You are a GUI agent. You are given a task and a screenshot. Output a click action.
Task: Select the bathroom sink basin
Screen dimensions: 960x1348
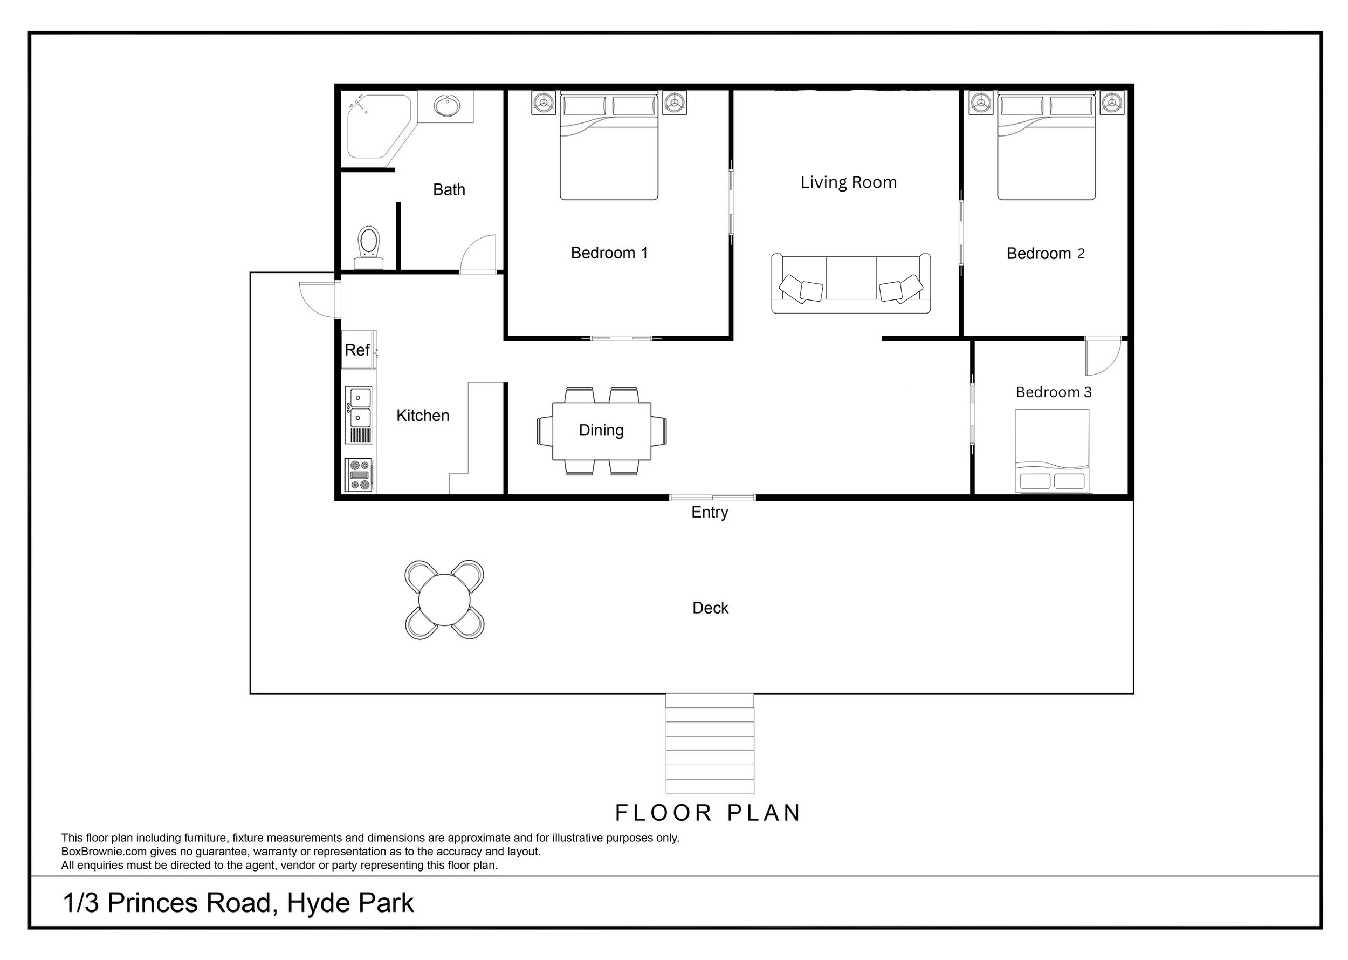tap(447, 106)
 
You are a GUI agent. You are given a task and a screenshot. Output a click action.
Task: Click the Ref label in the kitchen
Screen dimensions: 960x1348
tap(357, 350)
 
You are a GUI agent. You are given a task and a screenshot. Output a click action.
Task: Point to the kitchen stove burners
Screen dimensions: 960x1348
tap(359, 475)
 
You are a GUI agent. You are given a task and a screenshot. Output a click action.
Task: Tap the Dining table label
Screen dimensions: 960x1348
tap(601, 430)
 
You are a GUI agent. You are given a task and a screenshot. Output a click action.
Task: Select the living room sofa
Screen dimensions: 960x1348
tap(851, 284)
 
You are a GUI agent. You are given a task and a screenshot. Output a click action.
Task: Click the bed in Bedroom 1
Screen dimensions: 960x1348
tap(608, 148)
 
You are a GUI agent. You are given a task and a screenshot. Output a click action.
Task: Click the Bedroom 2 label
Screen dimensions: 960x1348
tap(1045, 254)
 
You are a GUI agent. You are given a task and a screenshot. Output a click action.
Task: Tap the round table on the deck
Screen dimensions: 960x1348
tap(444, 600)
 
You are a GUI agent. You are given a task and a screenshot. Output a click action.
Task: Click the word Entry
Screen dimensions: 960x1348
tap(710, 512)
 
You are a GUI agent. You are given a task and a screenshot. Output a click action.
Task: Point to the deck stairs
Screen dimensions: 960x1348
tap(710, 744)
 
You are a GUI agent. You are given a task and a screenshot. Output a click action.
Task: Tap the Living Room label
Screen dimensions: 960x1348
tap(848, 182)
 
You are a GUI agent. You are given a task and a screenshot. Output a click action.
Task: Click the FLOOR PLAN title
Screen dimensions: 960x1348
tap(707, 813)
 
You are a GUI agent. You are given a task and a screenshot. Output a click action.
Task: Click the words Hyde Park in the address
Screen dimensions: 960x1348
tap(350, 904)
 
